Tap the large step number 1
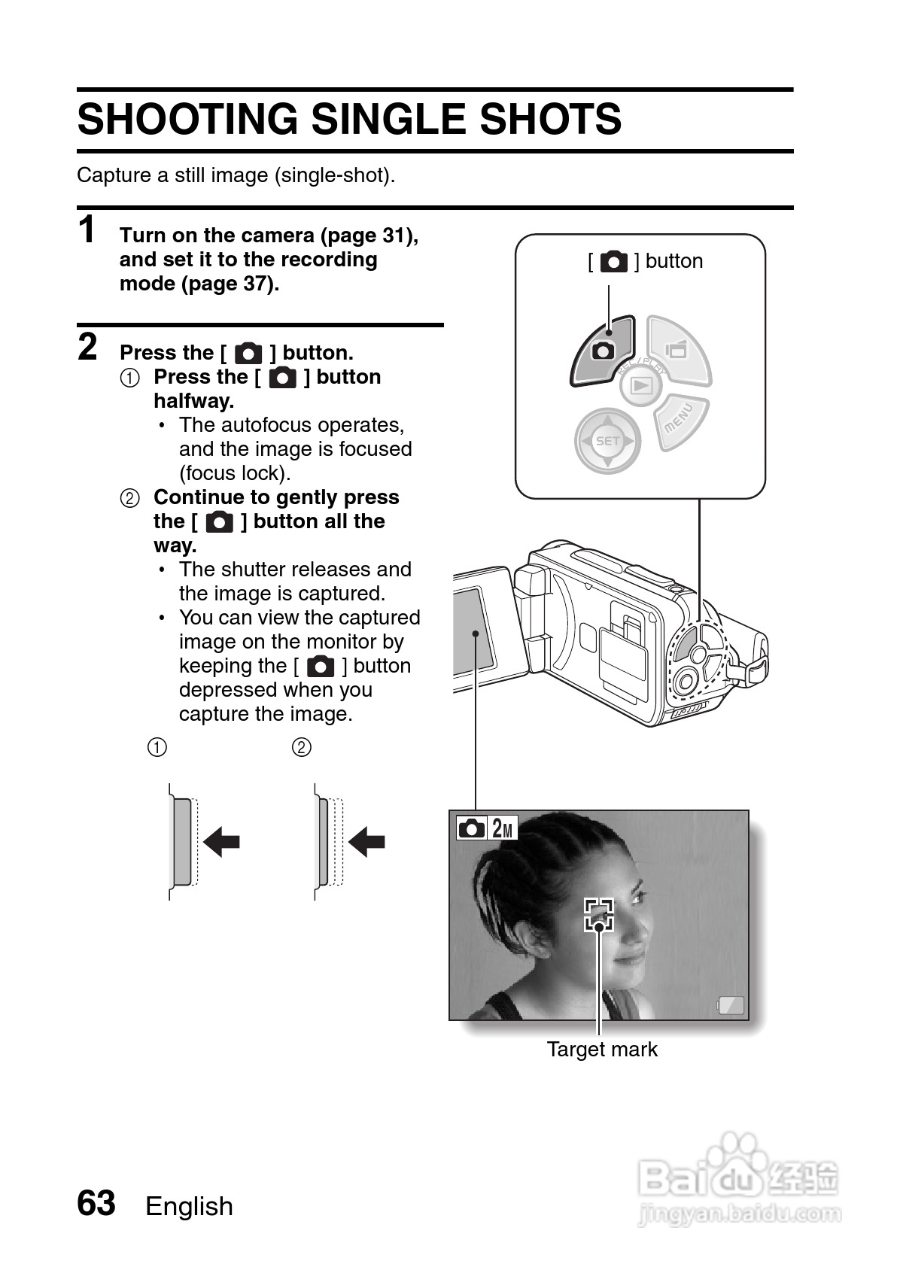tap(88, 229)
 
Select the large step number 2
tap(88, 347)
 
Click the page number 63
tap(96, 1203)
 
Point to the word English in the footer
tap(189, 1206)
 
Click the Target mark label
tap(601, 1050)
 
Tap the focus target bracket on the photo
tap(599, 914)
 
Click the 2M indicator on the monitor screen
tap(503, 829)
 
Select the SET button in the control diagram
tap(607, 441)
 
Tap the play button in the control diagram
tap(641, 386)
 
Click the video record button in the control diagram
tap(677, 349)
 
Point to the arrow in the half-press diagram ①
tap(221, 841)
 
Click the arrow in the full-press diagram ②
tap(366, 841)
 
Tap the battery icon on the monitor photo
tap(731, 1005)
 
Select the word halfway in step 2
tap(193, 401)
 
